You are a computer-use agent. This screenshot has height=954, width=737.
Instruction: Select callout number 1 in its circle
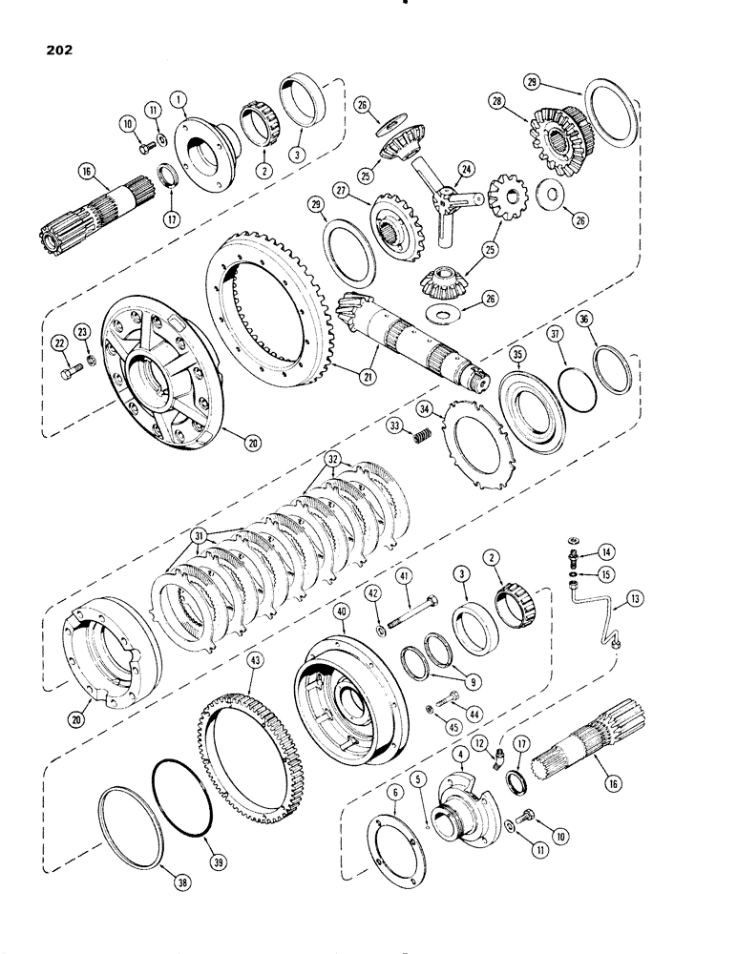coord(179,97)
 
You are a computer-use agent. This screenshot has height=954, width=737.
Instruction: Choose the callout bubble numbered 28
coord(520,99)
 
